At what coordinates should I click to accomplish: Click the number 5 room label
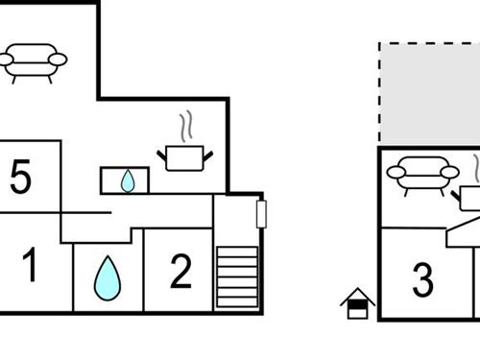coord(20,178)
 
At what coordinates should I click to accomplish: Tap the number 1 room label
coord(31,266)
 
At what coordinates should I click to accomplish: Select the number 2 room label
coord(180,272)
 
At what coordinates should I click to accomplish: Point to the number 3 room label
coord(422,280)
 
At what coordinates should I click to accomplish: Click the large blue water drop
coord(108,277)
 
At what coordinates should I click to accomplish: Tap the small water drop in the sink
coord(128,180)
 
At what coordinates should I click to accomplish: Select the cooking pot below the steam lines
coord(184,157)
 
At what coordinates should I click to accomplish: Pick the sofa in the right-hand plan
coord(422,175)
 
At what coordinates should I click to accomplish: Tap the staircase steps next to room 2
coord(236,276)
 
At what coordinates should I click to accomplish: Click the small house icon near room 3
coord(357,303)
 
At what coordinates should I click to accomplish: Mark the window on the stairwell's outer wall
coord(261,213)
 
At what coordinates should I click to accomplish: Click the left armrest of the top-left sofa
coord(7,60)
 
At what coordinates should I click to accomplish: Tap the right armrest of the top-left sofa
coord(59,60)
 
